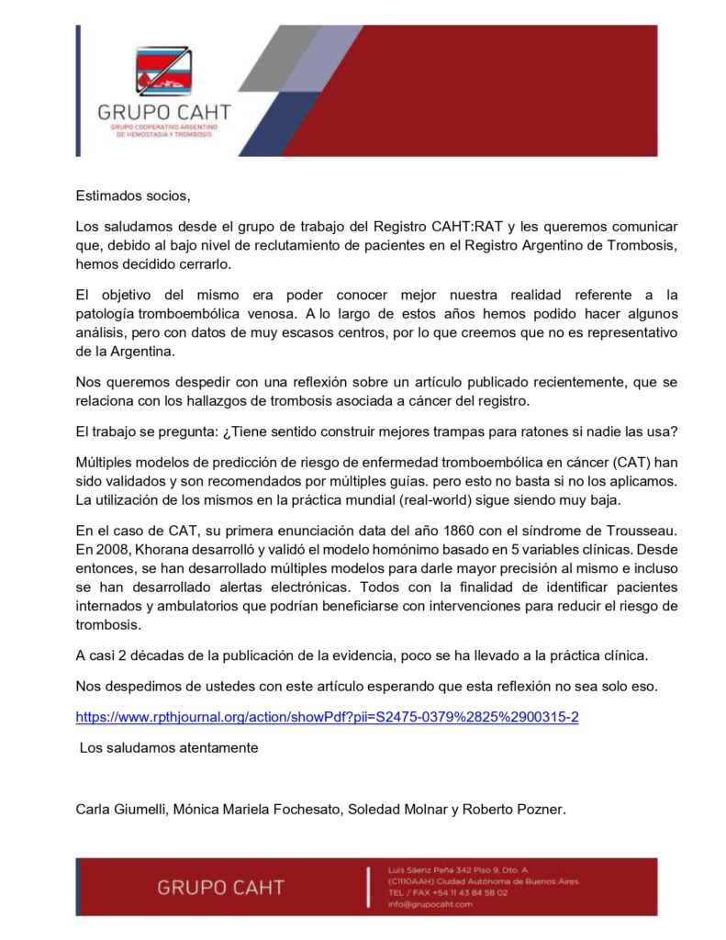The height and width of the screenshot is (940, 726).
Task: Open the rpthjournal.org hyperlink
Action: click(x=327, y=717)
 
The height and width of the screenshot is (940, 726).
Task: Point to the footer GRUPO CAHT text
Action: click(x=220, y=888)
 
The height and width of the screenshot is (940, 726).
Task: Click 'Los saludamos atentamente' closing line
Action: click(x=169, y=747)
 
